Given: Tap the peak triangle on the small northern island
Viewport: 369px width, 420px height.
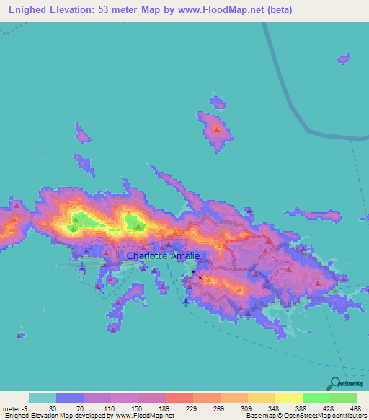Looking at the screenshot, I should click(x=217, y=129).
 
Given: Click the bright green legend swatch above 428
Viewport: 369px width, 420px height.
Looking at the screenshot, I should click(x=316, y=398).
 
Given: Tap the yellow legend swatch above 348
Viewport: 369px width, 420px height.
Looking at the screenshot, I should click(x=262, y=398).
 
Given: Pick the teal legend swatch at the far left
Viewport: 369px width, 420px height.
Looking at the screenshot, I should click(x=42, y=398).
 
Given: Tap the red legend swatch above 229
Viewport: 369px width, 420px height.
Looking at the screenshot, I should click(x=179, y=398).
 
